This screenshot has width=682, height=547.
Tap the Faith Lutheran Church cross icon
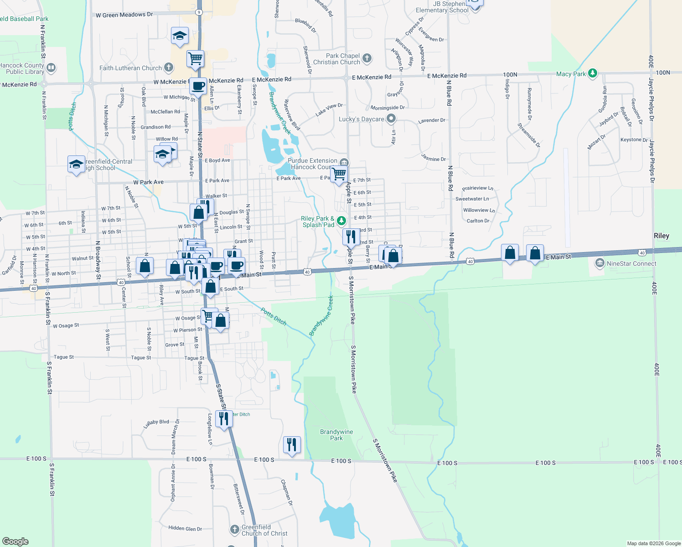click(168, 68)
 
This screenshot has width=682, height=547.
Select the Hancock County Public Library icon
click(51, 68)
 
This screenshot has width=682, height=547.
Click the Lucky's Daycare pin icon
click(391, 119)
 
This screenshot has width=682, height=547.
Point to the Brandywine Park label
click(336, 435)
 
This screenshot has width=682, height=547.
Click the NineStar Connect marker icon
click(600, 263)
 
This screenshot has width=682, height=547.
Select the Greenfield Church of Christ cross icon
click(234, 529)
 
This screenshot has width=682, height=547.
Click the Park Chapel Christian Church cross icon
click(367, 58)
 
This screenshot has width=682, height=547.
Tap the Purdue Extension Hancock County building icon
click(344, 163)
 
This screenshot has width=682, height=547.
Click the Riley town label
click(661, 236)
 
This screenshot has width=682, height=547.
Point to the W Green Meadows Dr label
click(124, 15)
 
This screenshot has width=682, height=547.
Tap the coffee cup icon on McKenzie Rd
click(198, 85)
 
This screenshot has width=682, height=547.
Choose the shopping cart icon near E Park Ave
click(339, 174)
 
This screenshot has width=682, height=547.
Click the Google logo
click(15, 541)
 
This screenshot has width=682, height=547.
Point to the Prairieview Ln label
click(477, 188)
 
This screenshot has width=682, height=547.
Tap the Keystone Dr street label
click(634, 140)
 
